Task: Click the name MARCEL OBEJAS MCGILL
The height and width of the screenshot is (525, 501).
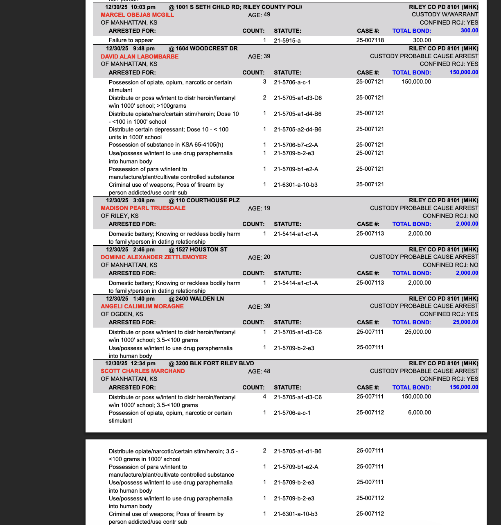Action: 137,15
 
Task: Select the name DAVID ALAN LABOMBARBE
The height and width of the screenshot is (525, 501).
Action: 140,57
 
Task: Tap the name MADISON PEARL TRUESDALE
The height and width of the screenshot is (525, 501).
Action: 143,208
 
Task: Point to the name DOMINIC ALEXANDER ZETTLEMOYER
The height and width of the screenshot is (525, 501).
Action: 154,257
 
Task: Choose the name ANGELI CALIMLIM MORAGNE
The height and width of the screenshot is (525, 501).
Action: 142,306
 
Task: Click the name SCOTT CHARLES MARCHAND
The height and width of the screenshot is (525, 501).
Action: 143,371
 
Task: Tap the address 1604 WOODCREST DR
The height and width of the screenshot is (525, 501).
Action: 207,49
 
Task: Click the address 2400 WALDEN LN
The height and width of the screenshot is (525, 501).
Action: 200,299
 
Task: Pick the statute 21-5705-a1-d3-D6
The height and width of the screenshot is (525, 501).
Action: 298,98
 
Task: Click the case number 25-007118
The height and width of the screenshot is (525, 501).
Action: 370,40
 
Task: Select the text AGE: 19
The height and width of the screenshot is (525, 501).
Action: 259,208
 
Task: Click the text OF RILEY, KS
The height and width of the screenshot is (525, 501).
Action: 120,216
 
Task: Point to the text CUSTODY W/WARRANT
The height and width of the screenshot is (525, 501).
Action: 445,15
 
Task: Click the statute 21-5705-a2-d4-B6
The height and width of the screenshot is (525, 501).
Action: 298,129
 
